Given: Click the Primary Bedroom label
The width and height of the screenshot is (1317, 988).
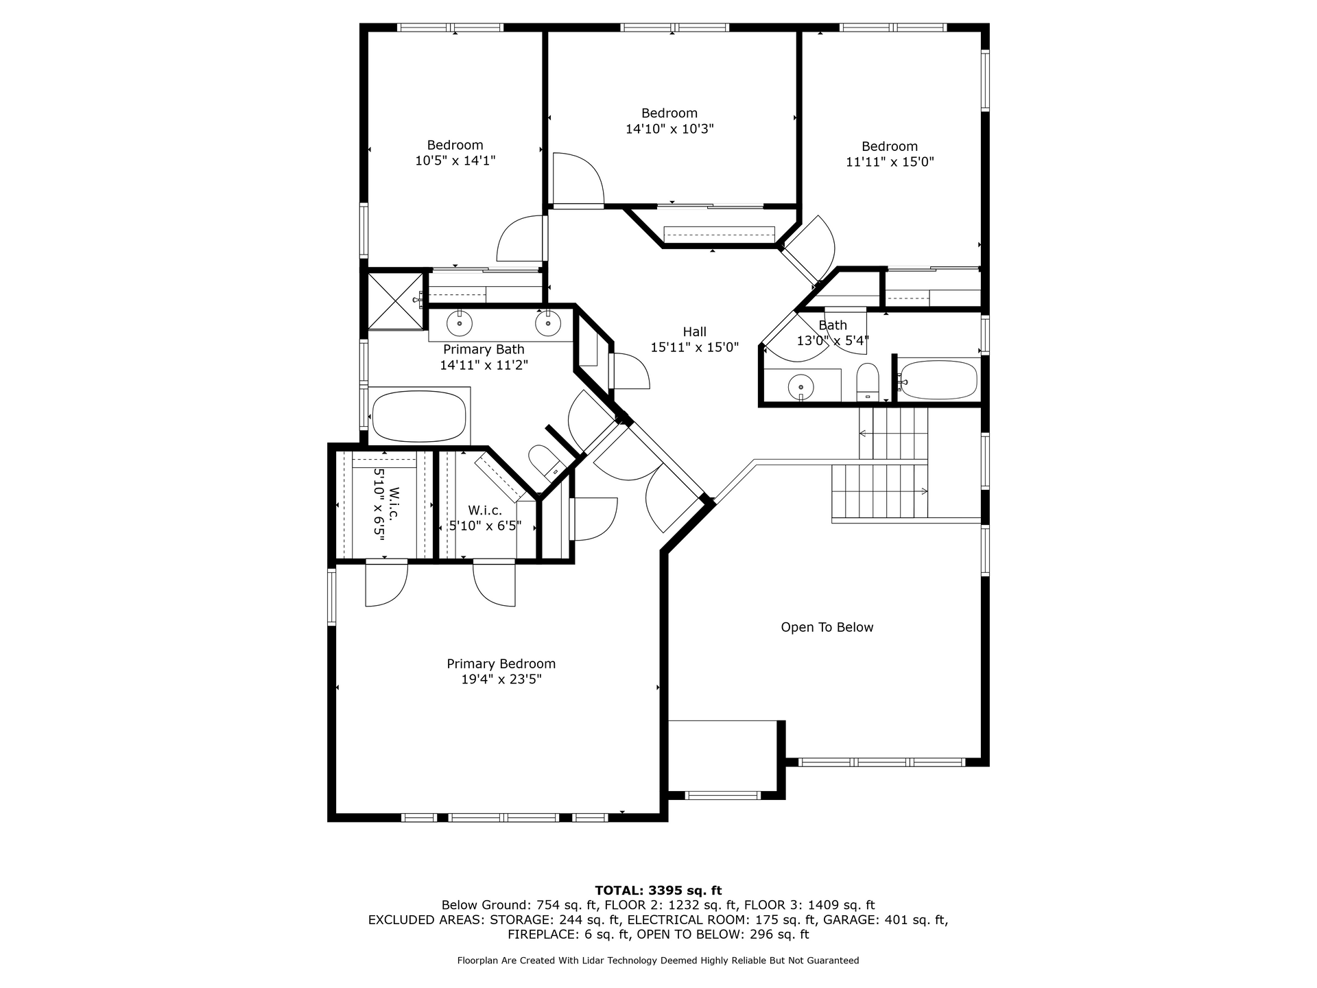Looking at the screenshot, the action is (x=501, y=663).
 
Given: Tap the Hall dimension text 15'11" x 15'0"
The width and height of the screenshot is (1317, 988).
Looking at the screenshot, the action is (x=694, y=347).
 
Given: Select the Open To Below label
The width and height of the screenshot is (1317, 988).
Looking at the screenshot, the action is (x=827, y=627).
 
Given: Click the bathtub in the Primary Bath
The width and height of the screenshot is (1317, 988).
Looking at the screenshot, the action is (x=418, y=416).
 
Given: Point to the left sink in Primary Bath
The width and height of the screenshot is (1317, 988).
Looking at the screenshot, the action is (x=459, y=322).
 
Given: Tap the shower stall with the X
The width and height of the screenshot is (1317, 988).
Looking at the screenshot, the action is (x=396, y=301).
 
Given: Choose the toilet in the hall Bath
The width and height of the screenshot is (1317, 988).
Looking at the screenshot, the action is (x=868, y=381).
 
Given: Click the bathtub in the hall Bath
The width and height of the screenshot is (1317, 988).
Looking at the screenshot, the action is (x=938, y=379).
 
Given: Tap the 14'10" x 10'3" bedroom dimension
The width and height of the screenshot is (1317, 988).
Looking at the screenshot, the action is (x=669, y=129).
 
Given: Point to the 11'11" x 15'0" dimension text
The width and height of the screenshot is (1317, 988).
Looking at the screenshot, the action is (x=890, y=162).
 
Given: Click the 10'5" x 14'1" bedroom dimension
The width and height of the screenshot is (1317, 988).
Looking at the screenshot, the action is (x=455, y=161).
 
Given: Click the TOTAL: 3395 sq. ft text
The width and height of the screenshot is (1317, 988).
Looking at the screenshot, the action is (x=658, y=891).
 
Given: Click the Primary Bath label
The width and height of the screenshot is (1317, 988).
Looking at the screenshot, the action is (x=484, y=349).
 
